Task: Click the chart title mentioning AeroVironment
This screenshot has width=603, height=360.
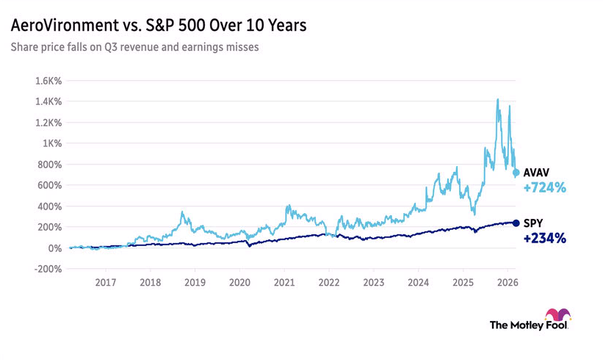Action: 158,26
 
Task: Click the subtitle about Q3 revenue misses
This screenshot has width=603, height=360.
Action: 134,48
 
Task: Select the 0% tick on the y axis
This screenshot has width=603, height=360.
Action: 56,248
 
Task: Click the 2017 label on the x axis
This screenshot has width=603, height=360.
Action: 106,282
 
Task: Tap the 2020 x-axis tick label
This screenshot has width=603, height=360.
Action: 239,282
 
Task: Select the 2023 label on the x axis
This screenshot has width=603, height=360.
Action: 373,282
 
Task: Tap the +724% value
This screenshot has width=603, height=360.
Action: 544,188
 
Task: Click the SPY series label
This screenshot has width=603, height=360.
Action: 534,223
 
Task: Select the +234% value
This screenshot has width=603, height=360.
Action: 544,239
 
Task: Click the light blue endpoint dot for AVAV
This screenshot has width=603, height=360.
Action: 516,173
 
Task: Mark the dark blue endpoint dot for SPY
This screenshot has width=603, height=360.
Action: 516,223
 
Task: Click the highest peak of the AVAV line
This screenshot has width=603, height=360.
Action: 498,99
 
